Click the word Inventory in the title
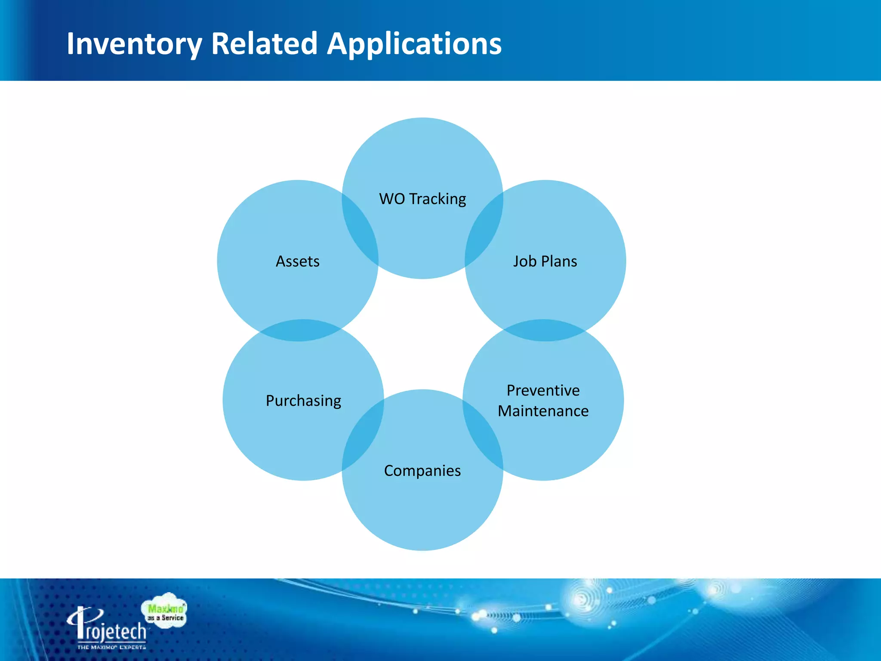(134, 44)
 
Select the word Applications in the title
(414, 44)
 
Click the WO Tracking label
(422, 199)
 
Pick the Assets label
(298, 261)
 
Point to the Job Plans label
(545, 261)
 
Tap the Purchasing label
(303, 401)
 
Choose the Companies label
(422, 471)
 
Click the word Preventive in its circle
(543, 390)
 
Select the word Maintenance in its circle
(543, 411)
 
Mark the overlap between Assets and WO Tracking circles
(360, 230)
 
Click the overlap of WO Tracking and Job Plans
(484, 230)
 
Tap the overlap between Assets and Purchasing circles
(301, 330)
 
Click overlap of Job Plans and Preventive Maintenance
(544, 330)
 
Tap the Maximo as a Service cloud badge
(165, 612)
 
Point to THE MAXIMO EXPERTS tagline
(111, 647)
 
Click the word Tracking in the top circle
(437, 199)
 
